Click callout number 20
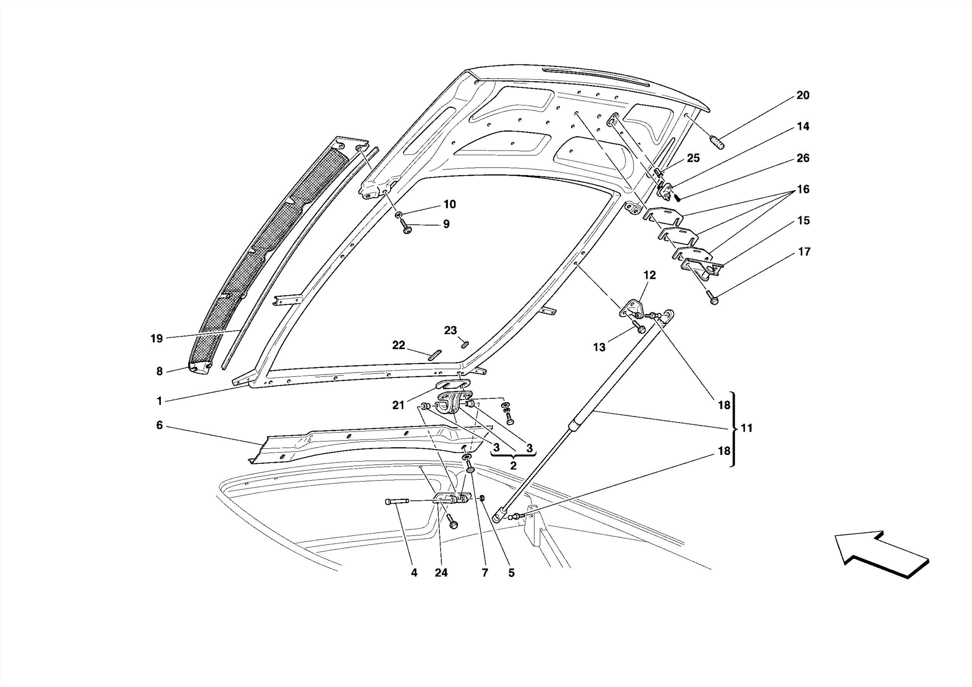click(803, 95)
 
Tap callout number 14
click(803, 127)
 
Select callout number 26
click(803, 158)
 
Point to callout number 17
click(804, 252)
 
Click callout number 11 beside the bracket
click(747, 428)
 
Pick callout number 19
click(157, 339)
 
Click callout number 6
click(159, 425)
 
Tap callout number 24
click(441, 573)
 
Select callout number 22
click(398, 345)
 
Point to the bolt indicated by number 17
click(713, 298)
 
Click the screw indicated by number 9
click(407, 228)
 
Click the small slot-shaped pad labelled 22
click(435, 355)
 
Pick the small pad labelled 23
click(465, 344)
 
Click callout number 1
click(159, 401)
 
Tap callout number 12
click(649, 275)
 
